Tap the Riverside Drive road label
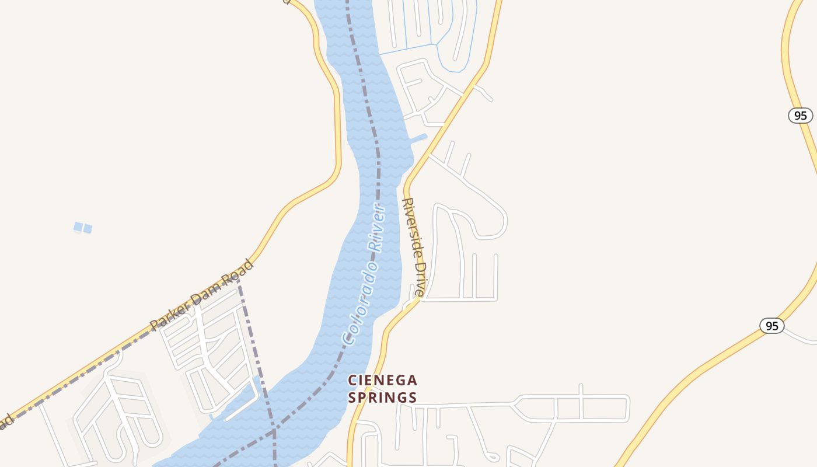tap(414, 247)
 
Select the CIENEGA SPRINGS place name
tap(383, 389)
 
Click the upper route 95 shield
tap(800, 115)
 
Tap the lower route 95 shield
tap(771, 326)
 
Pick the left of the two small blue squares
tap(78, 226)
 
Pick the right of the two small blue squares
tap(88, 228)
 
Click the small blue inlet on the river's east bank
tap(419, 139)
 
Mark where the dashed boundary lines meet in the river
tap(274, 432)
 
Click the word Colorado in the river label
tap(358, 301)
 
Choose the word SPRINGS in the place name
tap(383, 398)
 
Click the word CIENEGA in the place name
tap(383, 381)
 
